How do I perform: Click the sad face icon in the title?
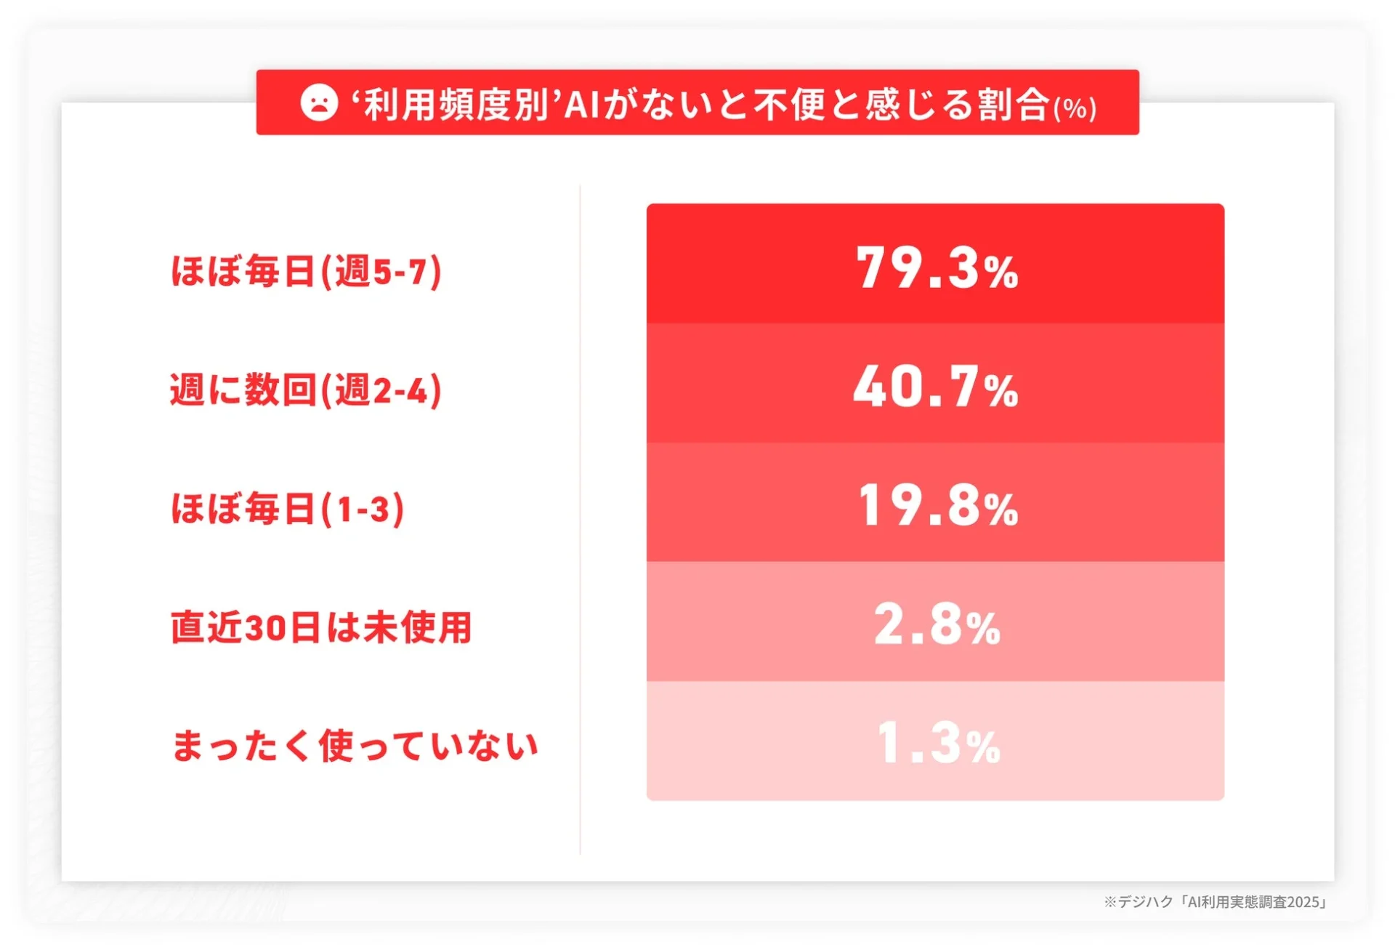pyautogui.click(x=319, y=102)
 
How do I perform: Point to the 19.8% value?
pyautogui.click(x=937, y=506)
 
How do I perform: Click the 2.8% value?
pyautogui.click(x=937, y=625)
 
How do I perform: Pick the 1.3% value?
pyautogui.click(x=938, y=744)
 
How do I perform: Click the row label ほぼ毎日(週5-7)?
pyautogui.click(x=306, y=272)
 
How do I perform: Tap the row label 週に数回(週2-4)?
pyautogui.click(x=306, y=390)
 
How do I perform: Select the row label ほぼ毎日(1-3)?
pyautogui.click(x=287, y=509)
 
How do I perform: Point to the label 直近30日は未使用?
pyautogui.click(x=321, y=627)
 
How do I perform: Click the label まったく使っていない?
pyautogui.click(x=355, y=746)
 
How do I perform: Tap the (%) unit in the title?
pyautogui.click(x=1075, y=109)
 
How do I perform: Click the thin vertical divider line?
pyautogui.click(x=580, y=519)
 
